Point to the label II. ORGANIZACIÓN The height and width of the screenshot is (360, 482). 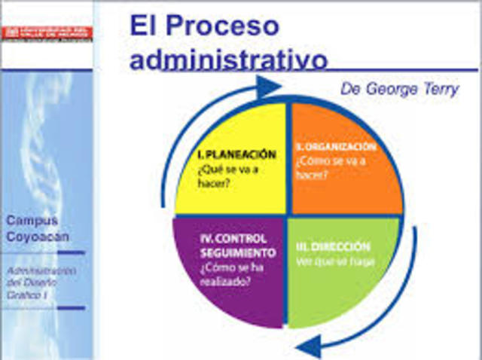coord(335,147)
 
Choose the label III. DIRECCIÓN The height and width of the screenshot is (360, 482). coord(338,247)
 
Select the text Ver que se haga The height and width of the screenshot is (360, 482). coord(336,261)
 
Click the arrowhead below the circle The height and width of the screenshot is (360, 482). coord(306,348)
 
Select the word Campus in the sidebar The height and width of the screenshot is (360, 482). coord(32,221)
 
